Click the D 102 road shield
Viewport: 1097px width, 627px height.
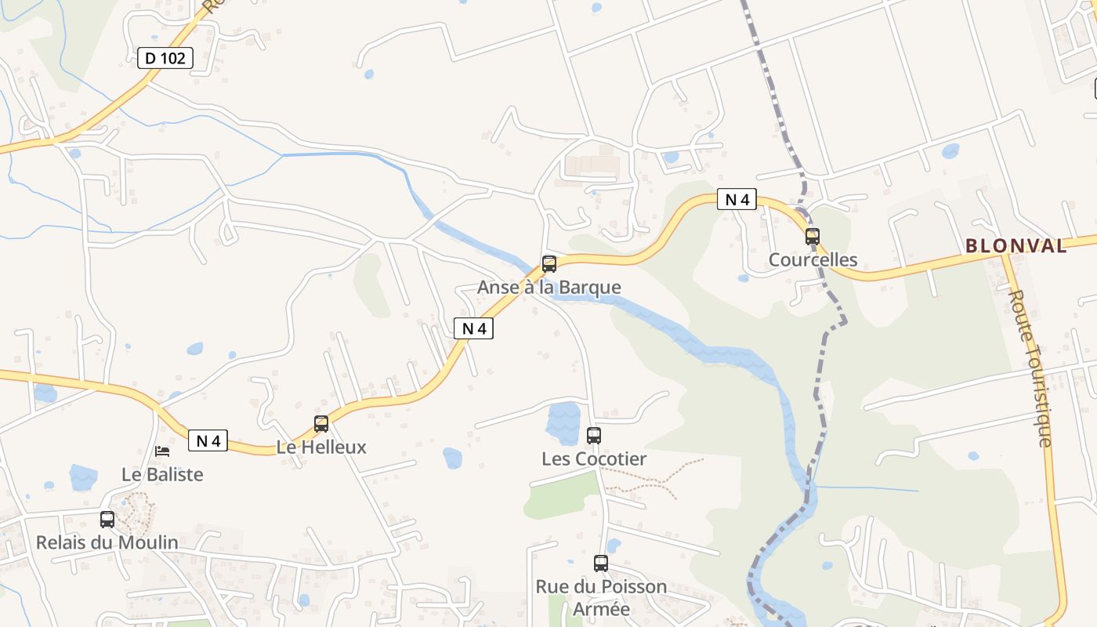click(x=165, y=57)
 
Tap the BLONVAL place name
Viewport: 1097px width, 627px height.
click(x=1016, y=245)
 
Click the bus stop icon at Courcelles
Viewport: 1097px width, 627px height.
click(x=813, y=236)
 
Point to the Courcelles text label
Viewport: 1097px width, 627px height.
click(x=813, y=259)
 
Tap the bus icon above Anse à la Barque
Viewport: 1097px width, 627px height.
click(x=549, y=264)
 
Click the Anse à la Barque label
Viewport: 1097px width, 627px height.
click(x=548, y=287)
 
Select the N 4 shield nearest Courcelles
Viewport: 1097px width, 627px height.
click(x=737, y=199)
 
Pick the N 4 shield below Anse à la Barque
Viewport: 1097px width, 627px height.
click(x=473, y=328)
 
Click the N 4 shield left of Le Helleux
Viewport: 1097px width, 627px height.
click(x=208, y=440)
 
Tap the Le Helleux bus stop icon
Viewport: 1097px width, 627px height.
click(x=321, y=424)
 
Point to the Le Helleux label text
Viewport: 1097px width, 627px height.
click(x=321, y=448)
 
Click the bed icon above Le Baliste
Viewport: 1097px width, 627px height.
click(x=162, y=451)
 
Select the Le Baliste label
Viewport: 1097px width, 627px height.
click(x=162, y=474)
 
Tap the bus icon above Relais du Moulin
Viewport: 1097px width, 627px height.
click(x=107, y=519)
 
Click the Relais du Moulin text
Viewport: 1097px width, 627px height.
click(x=107, y=542)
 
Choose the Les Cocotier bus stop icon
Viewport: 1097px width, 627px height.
click(x=594, y=436)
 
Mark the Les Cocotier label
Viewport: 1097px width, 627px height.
click(x=594, y=458)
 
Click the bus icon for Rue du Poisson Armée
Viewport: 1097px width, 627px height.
click(x=601, y=563)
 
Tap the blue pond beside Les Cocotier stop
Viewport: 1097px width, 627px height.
click(x=563, y=420)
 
